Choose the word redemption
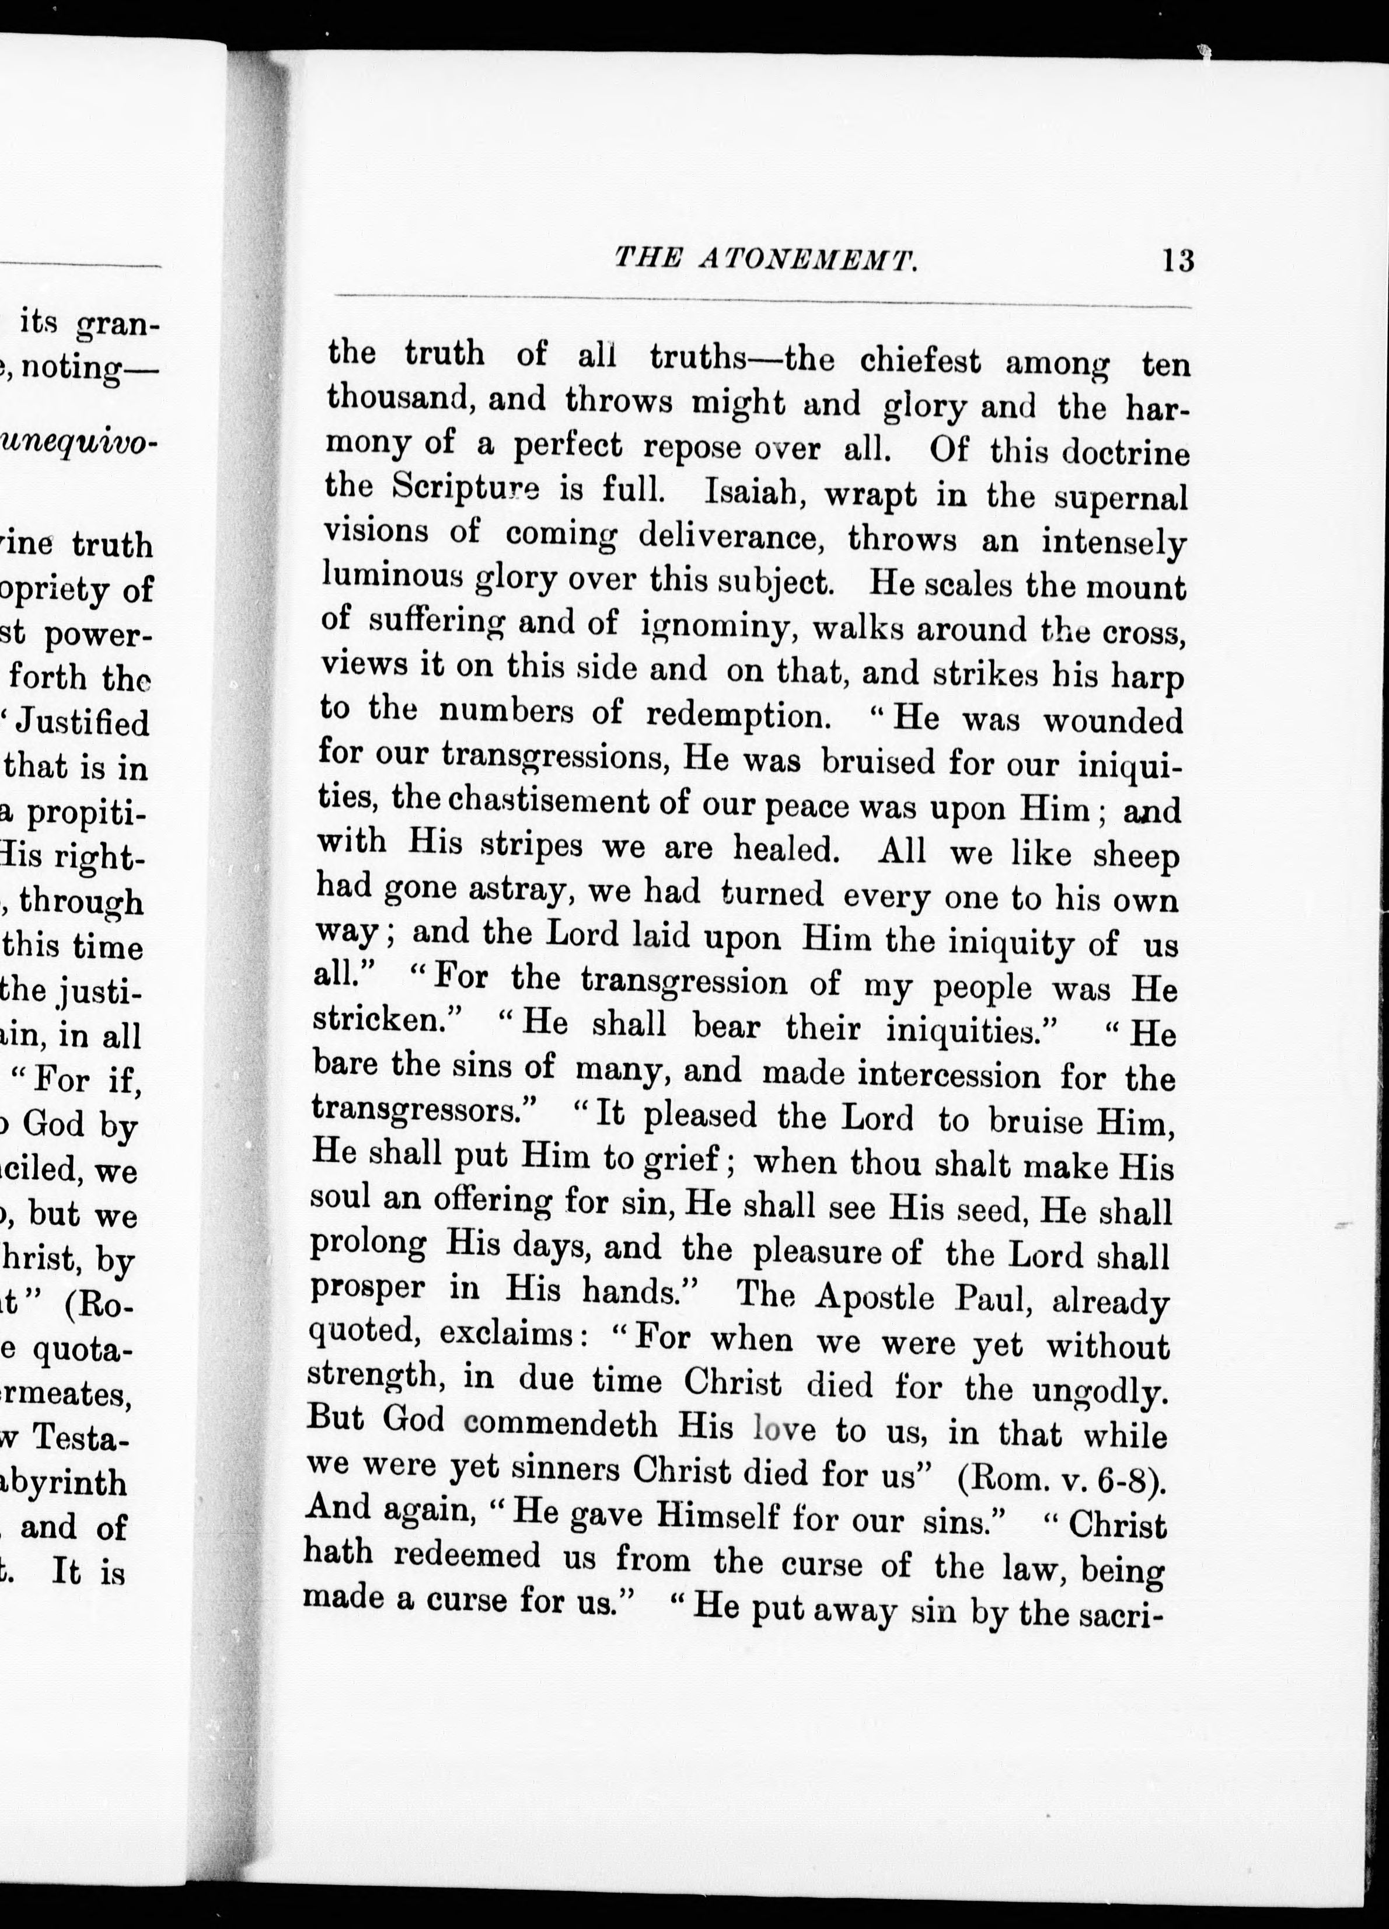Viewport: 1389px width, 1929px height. pyautogui.click(x=737, y=715)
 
